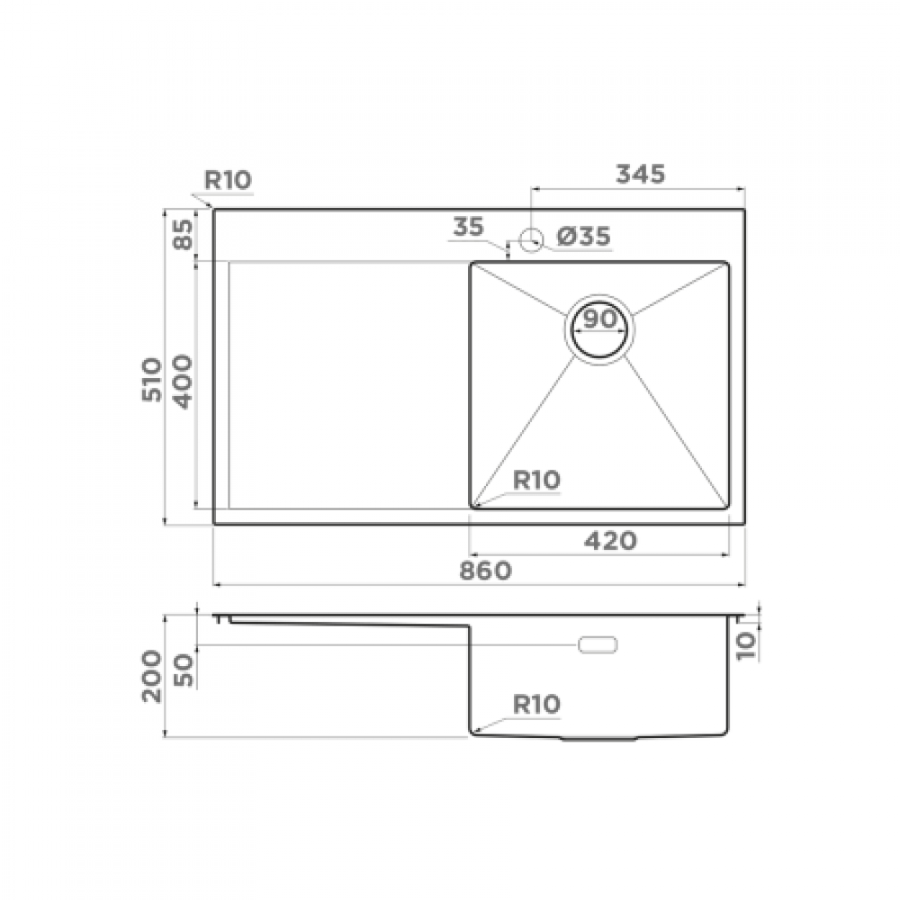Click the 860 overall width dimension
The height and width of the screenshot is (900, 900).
point(486,571)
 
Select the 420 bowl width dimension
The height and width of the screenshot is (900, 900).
point(610,541)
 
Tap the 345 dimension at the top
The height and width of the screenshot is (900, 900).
point(641,174)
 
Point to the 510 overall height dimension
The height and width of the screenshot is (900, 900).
point(152,380)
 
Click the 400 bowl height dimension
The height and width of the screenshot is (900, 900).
point(183,382)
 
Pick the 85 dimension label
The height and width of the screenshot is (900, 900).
point(184,234)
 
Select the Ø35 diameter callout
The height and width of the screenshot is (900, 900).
point(584,237)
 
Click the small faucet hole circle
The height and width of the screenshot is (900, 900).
point(531,240)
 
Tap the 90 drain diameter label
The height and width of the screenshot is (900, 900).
point(599,319)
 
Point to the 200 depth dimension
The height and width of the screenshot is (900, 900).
point(152,676)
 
